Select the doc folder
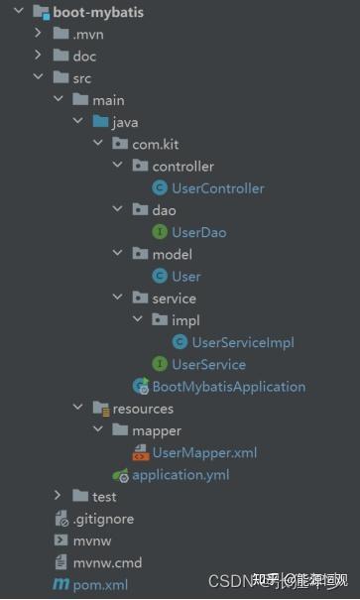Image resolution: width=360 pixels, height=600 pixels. click(x=84, y=57)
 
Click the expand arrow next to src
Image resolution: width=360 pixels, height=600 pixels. click(x=39, y=78)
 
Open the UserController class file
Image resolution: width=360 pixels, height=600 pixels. click(x=217, y=188)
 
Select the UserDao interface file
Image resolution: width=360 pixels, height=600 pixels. click(x=198, y=232)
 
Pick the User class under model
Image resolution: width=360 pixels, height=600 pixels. click(x=185, y=276)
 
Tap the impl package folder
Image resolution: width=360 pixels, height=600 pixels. click(x=184, y=320)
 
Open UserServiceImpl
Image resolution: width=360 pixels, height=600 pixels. click(x=242, y=342)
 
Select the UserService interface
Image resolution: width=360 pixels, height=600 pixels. click(x=208, y=364)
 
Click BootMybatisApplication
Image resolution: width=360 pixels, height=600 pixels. click(x=228, y=387)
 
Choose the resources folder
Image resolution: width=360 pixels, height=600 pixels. click(x=143, y=409)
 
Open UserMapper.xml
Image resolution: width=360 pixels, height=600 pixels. click(x=204, y=452)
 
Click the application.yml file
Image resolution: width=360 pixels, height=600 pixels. click(x=180, y=474)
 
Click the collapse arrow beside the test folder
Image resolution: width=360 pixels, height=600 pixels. click(x=58, y=496)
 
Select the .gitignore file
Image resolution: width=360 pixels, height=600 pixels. click(x=103, y=519)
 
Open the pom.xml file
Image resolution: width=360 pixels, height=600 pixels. click(x=100, y=584)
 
